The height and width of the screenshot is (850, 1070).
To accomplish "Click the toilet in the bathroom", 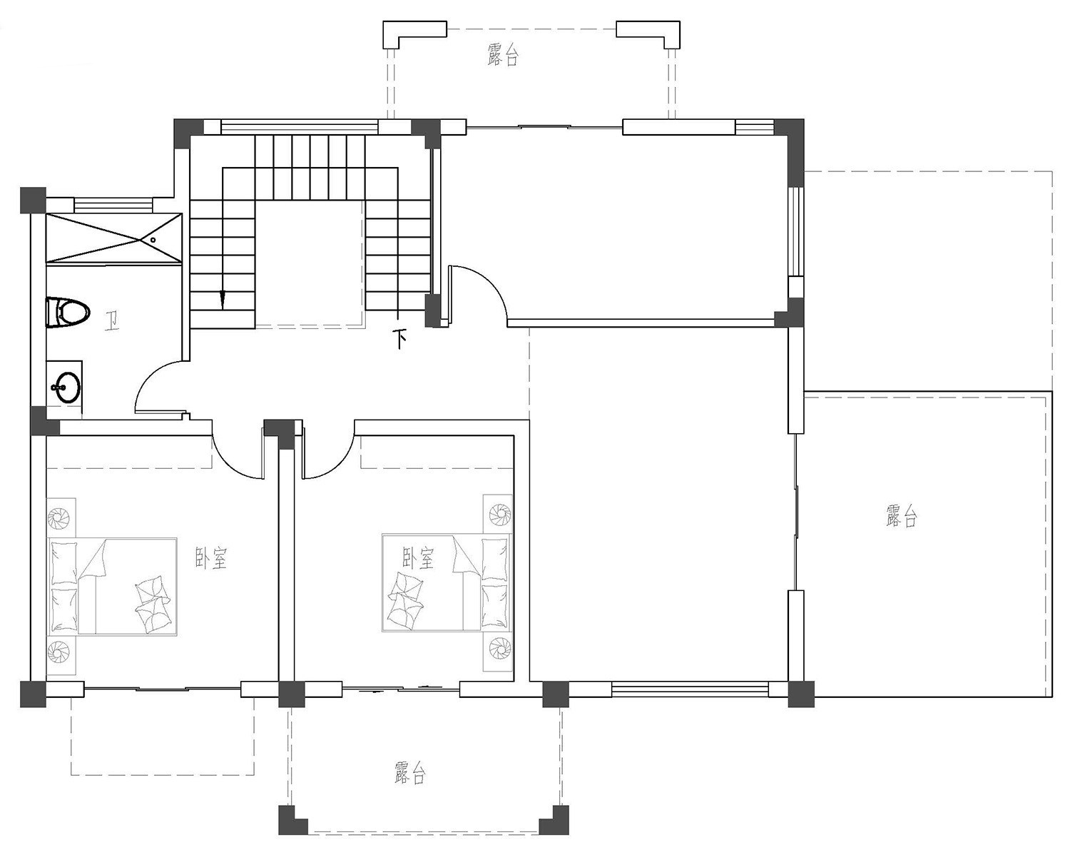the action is [68, 313].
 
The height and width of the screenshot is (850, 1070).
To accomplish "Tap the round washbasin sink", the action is [66, 387].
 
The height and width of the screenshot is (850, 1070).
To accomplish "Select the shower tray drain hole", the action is [153, 240].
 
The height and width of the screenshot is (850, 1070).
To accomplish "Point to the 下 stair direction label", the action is [399, 339].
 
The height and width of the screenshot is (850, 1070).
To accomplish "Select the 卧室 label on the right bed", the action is [418, 558].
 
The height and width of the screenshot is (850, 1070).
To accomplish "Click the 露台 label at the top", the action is [503, 55].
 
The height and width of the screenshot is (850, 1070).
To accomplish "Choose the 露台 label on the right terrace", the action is [901, 516].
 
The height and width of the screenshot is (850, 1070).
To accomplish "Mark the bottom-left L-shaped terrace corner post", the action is [292, 819].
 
